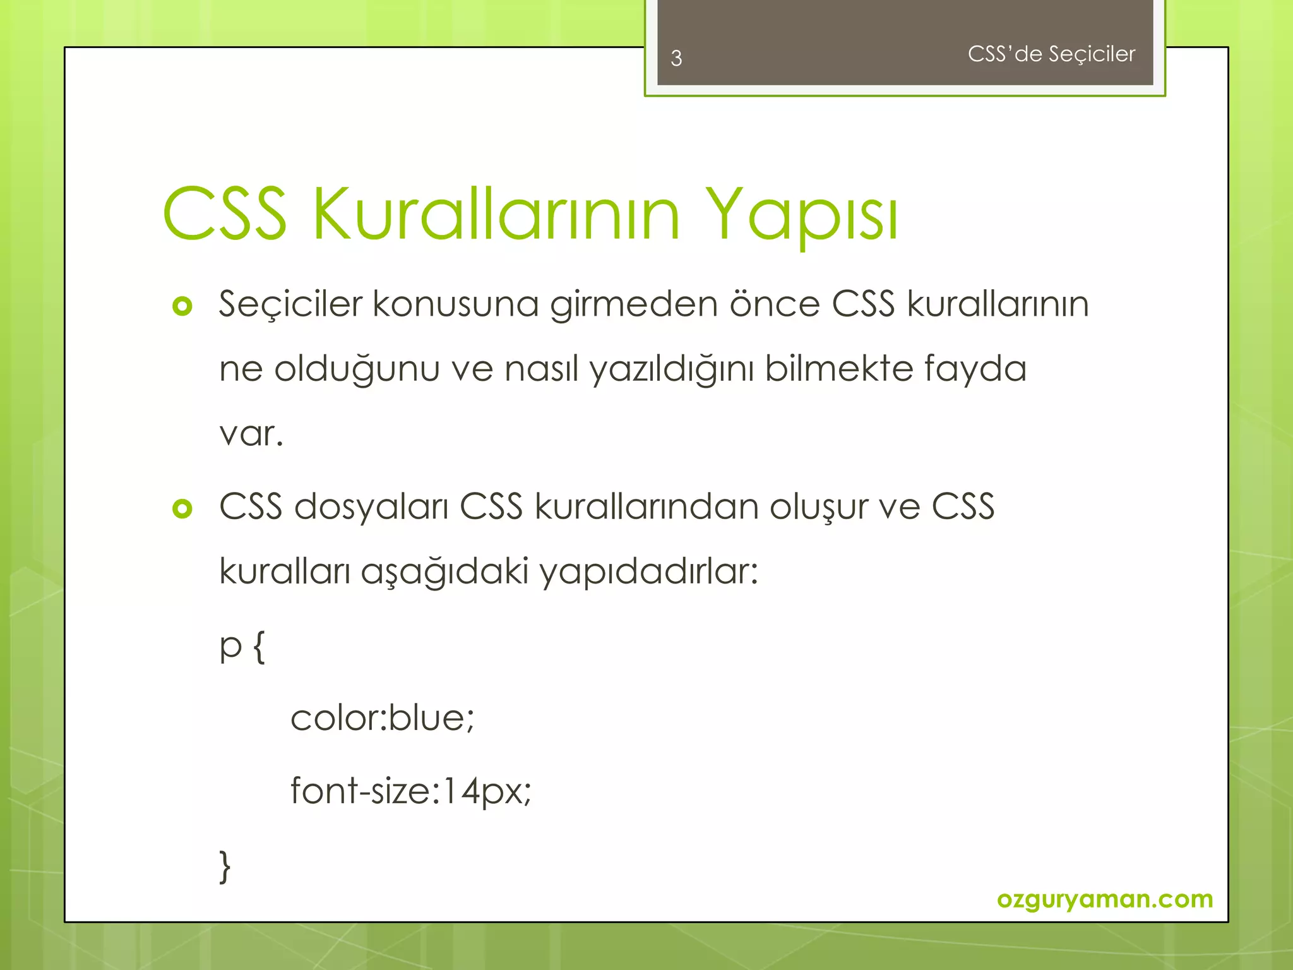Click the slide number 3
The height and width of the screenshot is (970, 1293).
point(676,58)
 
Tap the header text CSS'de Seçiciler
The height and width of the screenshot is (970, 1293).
point(1051,54)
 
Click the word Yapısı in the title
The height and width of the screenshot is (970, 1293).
point(802,215)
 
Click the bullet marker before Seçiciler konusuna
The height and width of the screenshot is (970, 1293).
point(182,306)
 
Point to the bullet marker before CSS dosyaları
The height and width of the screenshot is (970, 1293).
point(182,508)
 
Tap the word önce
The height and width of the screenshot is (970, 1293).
point(775,304)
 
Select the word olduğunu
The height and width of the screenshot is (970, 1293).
point(357,369)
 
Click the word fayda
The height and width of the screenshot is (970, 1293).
point(975,369)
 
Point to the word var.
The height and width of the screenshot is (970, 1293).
point(251,434)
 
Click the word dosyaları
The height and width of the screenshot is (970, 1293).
point(371,507)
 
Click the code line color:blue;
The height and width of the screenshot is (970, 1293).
point(382,718)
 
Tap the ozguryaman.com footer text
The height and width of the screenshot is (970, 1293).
point(1105,899)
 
